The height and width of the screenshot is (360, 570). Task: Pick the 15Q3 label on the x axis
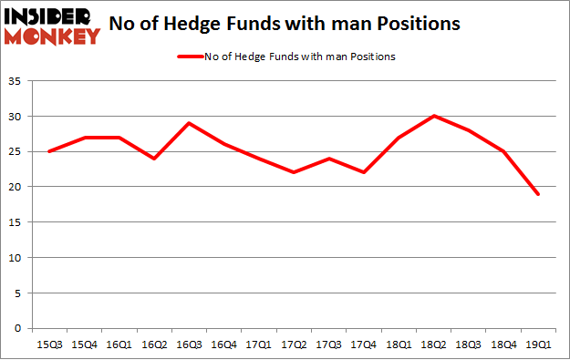coord(49,344)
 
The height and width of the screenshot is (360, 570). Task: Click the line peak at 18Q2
coord(433,116)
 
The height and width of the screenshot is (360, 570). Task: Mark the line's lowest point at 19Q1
coord(536,193)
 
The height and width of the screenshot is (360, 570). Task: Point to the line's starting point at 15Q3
coord(49,151)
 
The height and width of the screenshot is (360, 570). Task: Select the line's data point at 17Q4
coord(364,172)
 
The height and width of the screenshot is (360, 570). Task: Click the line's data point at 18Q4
coord(502,151)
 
